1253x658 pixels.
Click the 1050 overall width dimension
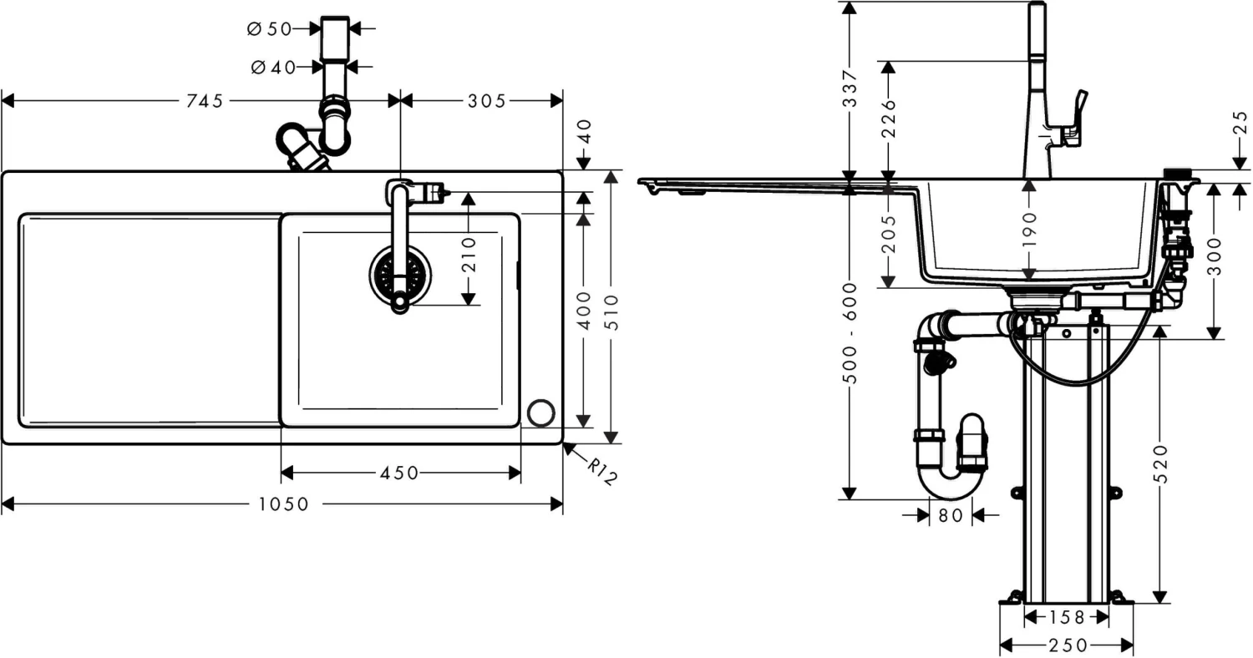[283, 504]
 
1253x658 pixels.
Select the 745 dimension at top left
[205, 101]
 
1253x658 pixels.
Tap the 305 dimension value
[487, 101]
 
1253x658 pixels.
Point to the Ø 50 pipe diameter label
[269, 28]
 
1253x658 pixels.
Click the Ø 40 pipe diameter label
[273, 67]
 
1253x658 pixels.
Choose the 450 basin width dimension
[399, 473]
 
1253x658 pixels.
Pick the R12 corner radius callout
[601, 472]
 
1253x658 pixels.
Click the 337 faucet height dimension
[849, 89]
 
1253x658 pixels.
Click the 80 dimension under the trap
[951, 515]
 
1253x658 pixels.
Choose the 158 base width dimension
[1067, 617]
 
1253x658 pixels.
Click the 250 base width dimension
[1067, 645]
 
